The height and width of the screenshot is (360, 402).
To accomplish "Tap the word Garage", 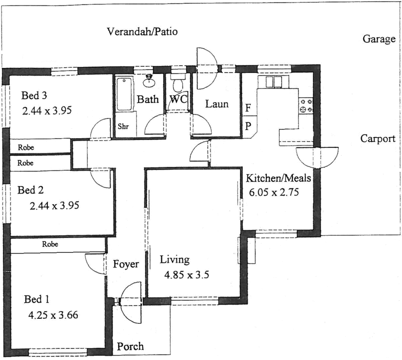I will coord(379,39).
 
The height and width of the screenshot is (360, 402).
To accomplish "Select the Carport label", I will coord(378,139).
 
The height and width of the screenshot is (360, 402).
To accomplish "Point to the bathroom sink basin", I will coord(149,80).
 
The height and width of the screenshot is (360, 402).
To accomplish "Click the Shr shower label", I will coord(123,127).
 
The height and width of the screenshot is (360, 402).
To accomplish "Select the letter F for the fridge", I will coord(248,108).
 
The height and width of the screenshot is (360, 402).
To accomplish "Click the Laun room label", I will coord(217,105).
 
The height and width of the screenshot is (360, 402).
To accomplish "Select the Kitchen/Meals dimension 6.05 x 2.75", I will coord(274,192).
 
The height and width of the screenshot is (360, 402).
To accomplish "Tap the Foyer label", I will coord(126,264).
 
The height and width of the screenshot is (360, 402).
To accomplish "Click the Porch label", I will coord(130,346).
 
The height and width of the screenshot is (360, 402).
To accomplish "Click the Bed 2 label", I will coord(31,190).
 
